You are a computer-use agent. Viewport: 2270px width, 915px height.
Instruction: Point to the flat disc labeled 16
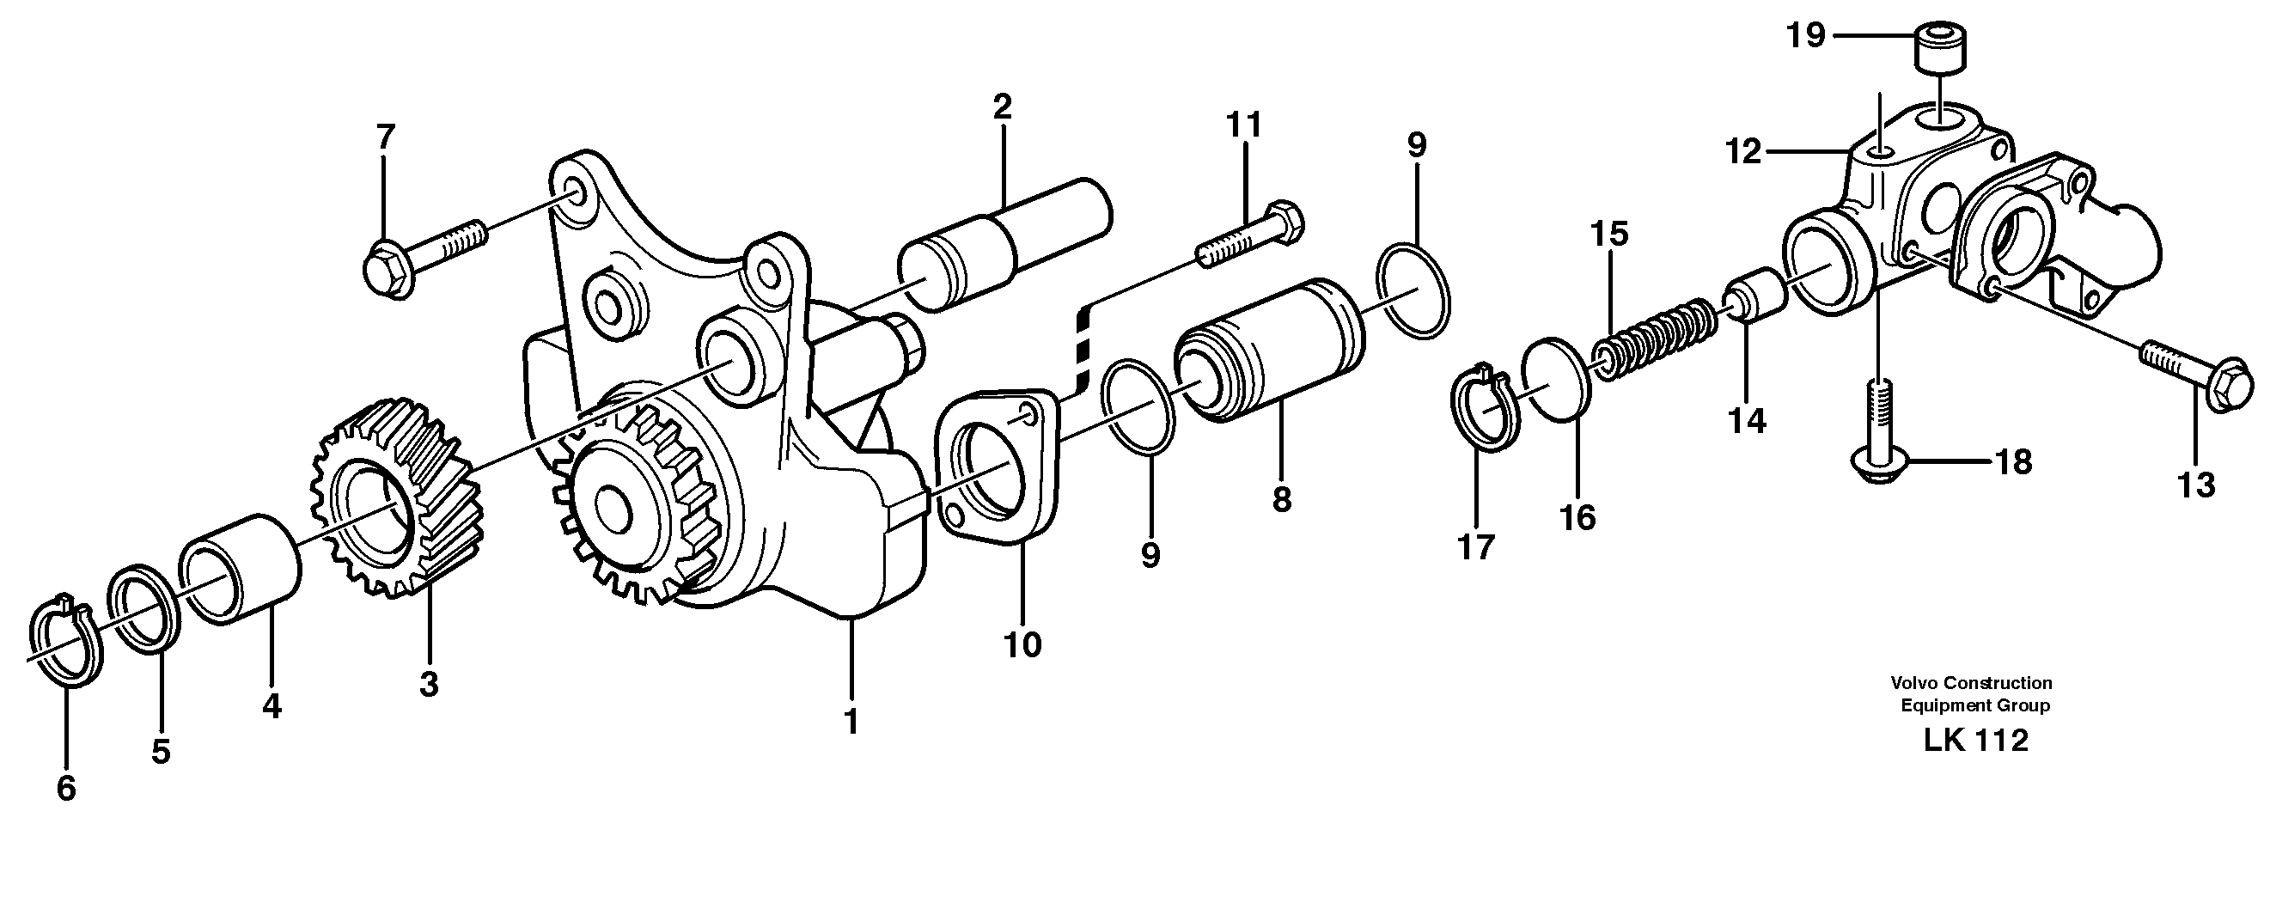pos(1558,379)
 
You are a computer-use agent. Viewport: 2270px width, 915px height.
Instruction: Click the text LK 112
pos(1974,741)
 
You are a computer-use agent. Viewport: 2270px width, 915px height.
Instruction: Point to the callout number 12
pos(1743,151)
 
